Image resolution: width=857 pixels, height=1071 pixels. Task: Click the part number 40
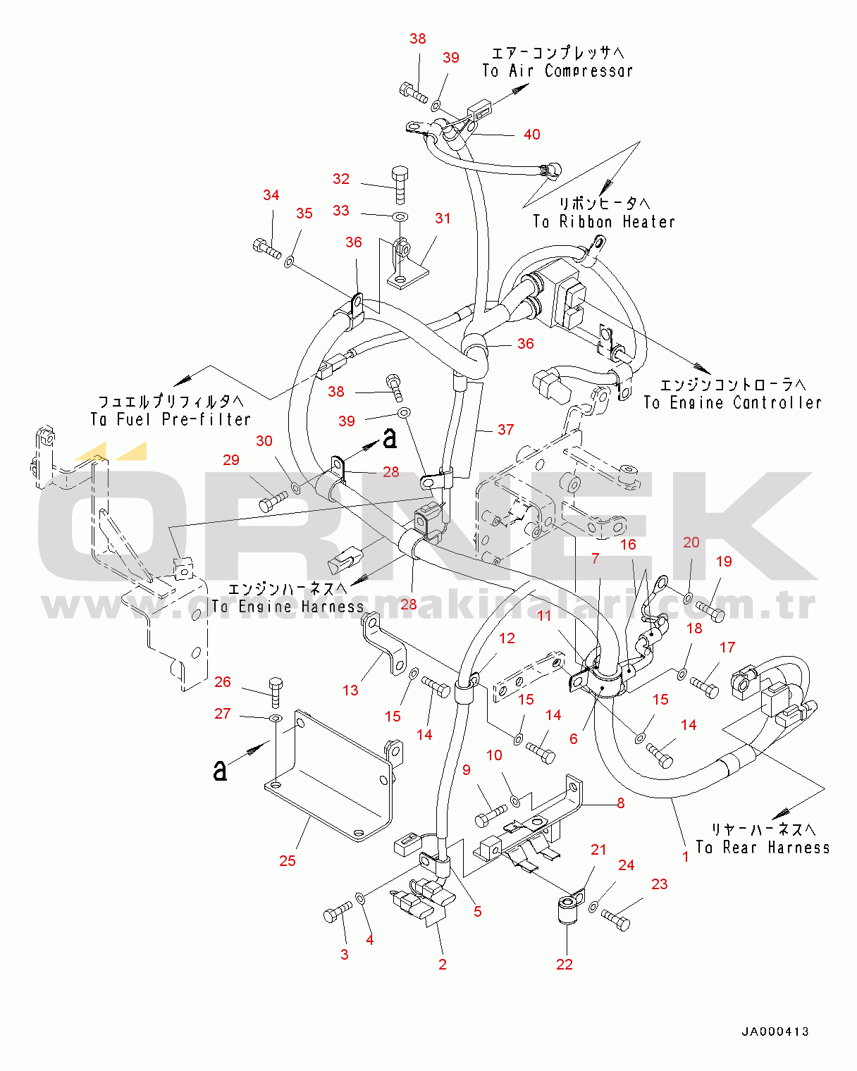coord(532,135)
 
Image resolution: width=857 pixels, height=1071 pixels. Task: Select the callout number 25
coord(288,860)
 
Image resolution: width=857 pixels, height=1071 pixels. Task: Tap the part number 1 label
coord(686,857)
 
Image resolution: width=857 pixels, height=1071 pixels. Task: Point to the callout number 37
coord(505,429)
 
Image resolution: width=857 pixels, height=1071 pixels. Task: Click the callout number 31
coord(443,218)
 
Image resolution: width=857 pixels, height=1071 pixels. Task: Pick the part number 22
coord(565,964)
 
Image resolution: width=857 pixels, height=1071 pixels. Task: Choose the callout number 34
coord(271,195)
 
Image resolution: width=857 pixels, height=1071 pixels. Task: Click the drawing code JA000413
coord(775,1032)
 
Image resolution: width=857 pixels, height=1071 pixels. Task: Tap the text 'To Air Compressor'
coord(557,70)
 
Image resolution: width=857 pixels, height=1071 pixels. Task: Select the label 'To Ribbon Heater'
coord(604,221)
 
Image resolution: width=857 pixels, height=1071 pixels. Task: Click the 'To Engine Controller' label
coord(732,402)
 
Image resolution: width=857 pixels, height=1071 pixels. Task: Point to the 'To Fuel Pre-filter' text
coord(171,419)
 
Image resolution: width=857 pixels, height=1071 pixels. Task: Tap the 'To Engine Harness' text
coord(288,606)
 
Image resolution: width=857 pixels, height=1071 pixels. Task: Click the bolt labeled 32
coord(400,183)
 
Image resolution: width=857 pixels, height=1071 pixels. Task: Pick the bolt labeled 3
coord(337,913)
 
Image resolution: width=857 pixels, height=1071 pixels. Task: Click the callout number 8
coord(620,803)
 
